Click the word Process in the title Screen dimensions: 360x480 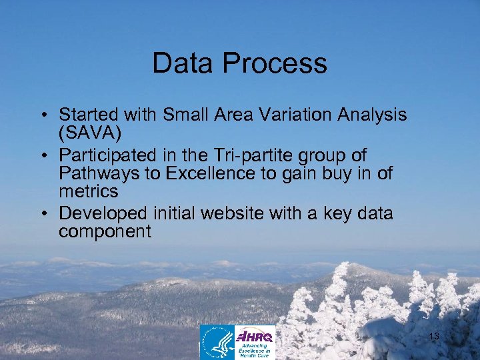click(x=275, y=63)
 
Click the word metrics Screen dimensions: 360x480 click(x=88, y=191)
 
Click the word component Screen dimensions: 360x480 click(x=105, y=231)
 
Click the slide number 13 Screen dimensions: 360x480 click(x=434, y=337)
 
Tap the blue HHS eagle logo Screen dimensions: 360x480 click(x=218, y=341)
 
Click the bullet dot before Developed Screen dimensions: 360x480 click(x=42, y=214)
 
